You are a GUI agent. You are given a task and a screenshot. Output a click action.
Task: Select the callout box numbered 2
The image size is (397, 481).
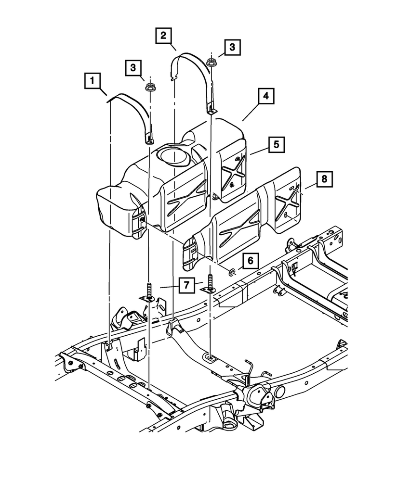click(163, 35)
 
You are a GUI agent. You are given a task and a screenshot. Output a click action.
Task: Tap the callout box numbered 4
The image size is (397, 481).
click(265, 97)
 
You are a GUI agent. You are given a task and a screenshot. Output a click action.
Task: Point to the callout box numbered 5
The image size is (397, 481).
click(277, 144)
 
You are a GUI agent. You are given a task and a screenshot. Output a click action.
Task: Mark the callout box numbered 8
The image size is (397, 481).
click(324, 179)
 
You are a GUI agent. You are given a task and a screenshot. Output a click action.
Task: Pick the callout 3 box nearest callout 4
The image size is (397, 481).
click(232, 47)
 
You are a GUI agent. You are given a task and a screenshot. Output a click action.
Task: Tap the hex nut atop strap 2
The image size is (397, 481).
click(211, 62)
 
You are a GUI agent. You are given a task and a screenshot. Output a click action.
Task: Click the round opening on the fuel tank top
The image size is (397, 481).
click(171, 157)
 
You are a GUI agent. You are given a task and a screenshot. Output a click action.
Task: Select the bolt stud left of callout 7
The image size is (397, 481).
click(149, 291)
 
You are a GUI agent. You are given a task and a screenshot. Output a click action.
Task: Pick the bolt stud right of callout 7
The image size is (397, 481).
click(211, 281)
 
